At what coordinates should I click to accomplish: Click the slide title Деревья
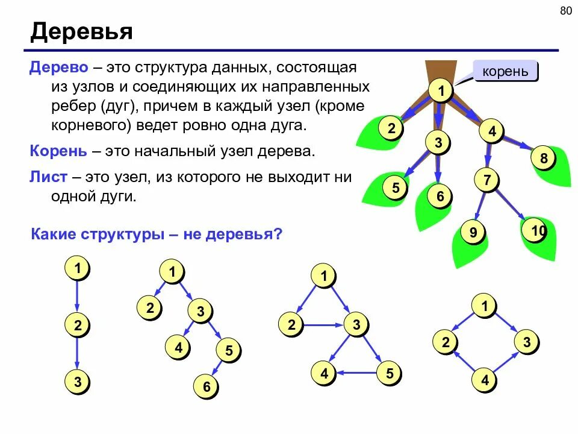point(81,31)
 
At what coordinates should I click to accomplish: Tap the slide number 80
point(565,10)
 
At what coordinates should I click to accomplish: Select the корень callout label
point(505,72)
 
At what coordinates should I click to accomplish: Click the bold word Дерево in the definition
point(59,67)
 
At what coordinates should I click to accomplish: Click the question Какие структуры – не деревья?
point(156,233)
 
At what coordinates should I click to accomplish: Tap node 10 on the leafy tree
point(538,231)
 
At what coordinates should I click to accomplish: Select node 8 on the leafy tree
point(543,159)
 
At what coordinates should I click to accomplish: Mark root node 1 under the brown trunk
point(441,92)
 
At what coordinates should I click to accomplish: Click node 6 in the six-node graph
point(207,387)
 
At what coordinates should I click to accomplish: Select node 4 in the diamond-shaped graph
point(484,380)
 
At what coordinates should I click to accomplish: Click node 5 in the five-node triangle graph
point(389,374)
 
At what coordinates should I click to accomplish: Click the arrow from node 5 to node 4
point(356,374)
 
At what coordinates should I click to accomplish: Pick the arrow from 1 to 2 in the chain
point(77,297)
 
